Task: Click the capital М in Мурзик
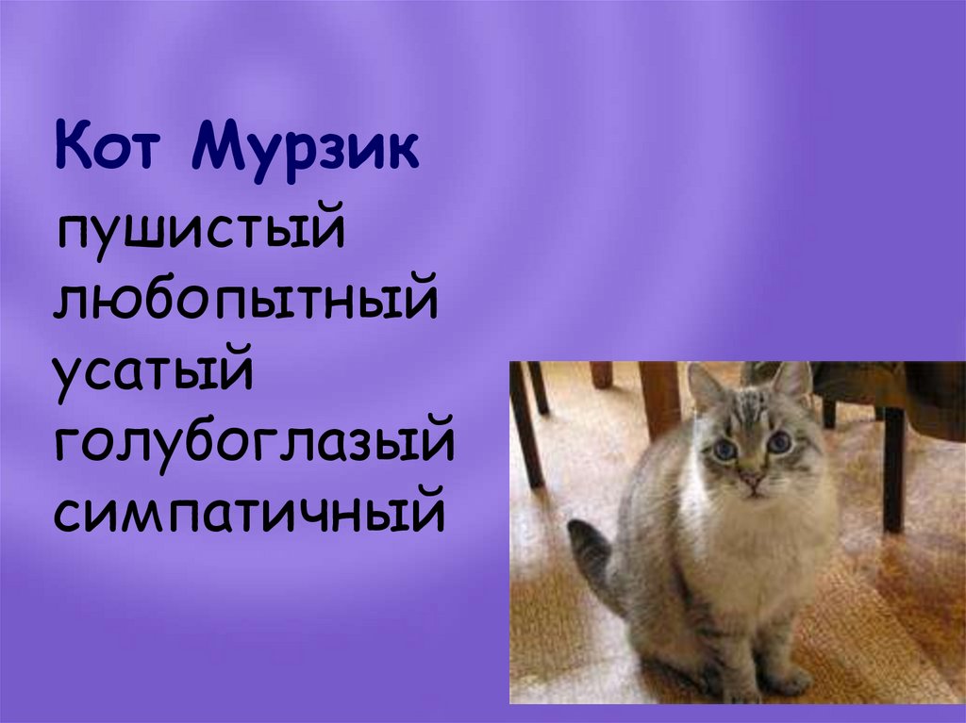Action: click(x=218, y=147)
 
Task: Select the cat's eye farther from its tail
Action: click(x=779, y=440)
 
